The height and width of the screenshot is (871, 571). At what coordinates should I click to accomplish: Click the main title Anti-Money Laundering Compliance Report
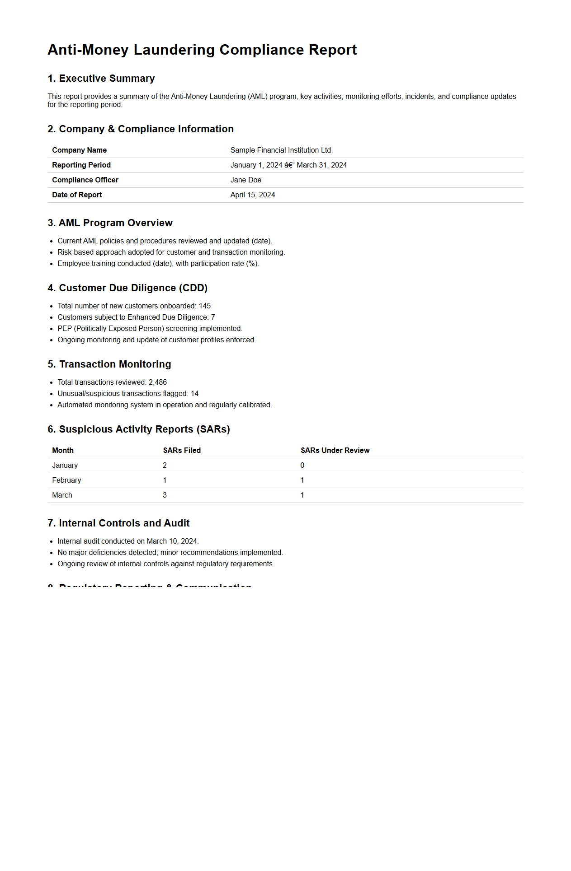202,50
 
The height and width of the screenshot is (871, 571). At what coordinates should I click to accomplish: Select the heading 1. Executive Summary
101,79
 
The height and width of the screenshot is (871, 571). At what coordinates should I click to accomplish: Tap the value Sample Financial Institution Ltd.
281,150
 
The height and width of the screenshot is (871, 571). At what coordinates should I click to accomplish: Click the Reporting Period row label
81,165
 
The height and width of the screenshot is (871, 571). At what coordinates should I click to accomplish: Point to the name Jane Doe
245,180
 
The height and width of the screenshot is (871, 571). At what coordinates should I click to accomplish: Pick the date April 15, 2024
252,195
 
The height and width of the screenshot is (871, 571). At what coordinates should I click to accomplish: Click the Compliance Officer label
85,180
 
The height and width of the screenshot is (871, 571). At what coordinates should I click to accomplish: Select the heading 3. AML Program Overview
110,223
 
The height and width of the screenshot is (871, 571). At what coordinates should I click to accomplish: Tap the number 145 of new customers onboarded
205,306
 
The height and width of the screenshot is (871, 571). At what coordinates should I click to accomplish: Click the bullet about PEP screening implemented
150,329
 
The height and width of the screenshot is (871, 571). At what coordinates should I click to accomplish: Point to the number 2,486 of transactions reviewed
158,382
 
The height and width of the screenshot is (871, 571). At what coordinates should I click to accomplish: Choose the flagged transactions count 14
194,394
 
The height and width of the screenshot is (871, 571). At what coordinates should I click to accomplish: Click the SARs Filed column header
182,451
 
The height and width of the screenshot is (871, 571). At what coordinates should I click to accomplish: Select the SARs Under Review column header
335,451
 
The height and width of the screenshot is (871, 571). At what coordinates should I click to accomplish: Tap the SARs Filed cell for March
165,495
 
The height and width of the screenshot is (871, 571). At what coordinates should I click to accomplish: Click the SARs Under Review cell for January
302,466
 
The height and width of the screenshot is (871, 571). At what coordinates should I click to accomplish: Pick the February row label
66,480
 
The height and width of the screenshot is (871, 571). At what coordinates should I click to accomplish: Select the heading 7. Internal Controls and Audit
118,523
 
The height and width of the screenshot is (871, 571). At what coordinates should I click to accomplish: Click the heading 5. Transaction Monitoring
109,364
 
